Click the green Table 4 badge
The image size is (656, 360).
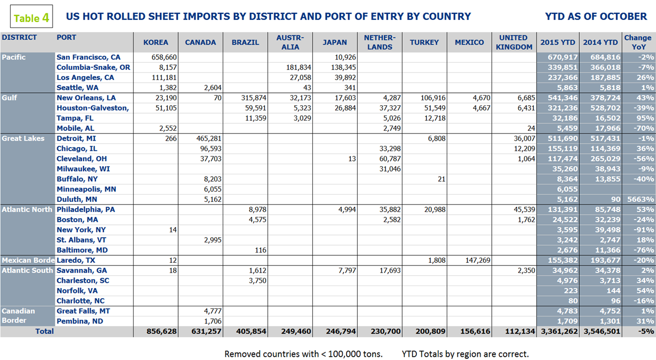pyautogui.click(x=32, y=18)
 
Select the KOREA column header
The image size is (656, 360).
pyautogui.click(x=156, y=42)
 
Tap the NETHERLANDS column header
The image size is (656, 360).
pyautogui.click(x=379, y=42)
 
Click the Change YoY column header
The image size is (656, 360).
pyautogui.click(x=638, y=42)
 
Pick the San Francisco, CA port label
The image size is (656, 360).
pyautogui.click(x=89, y=57)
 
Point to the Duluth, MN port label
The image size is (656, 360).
pyautogui.click(x=79, y=200)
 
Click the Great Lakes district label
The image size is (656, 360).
pyautogui.click(x=23, y=138)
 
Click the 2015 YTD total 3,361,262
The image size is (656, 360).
pyautogui.click(x=558, y=332)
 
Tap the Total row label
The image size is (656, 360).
pyautogui.click(x=44, y=332)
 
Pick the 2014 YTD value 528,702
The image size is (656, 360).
pyautogui.click(x=602, y=108)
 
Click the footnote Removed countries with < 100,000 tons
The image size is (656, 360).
pyautogui.click(x=304, y=354)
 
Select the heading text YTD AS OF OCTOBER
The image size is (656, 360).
pyautogui.click(x=596, y=17)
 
